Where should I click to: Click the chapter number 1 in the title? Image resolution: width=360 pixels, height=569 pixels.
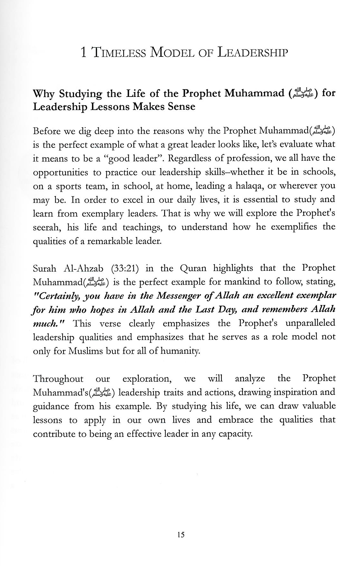84,52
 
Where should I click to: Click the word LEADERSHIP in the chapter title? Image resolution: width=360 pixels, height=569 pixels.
252,52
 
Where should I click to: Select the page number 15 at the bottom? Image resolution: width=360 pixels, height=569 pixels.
180,534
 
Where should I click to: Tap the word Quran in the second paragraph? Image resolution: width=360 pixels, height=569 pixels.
193,268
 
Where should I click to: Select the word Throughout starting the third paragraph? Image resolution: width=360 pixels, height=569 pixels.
58,379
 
